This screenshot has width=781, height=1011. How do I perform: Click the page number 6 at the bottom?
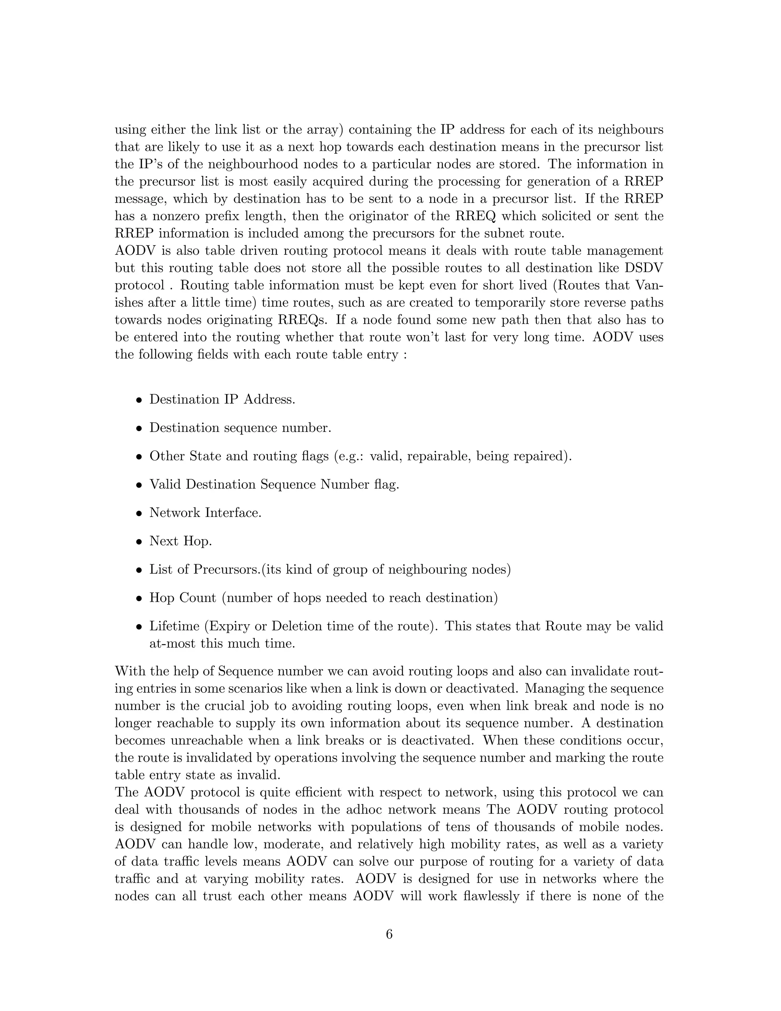coord(389,934)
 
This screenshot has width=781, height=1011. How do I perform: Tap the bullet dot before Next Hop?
coord(138,542)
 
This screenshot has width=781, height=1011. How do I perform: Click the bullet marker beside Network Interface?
coord(138,514)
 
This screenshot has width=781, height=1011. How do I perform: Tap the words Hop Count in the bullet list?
coord(182,598)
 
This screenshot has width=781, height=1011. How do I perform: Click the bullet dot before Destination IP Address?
coord(138,400)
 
